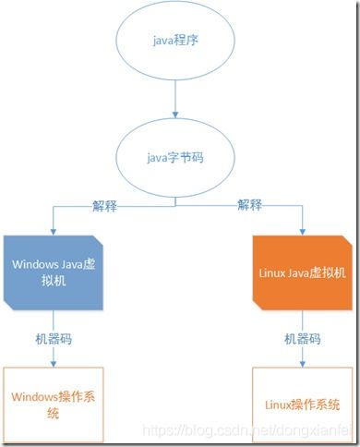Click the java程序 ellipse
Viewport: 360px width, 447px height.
(x=174, y=42)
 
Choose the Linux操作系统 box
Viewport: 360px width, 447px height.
(x=302, y=405)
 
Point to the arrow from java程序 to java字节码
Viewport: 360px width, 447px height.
(x=174, y=97)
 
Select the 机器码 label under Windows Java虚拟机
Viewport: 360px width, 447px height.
(x=54, y=339)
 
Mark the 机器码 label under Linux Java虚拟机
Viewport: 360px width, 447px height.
(x=303, y=339)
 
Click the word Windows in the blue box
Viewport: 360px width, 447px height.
(x=35, y=262)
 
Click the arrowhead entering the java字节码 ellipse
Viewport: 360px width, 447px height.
(x=174, y=118)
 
